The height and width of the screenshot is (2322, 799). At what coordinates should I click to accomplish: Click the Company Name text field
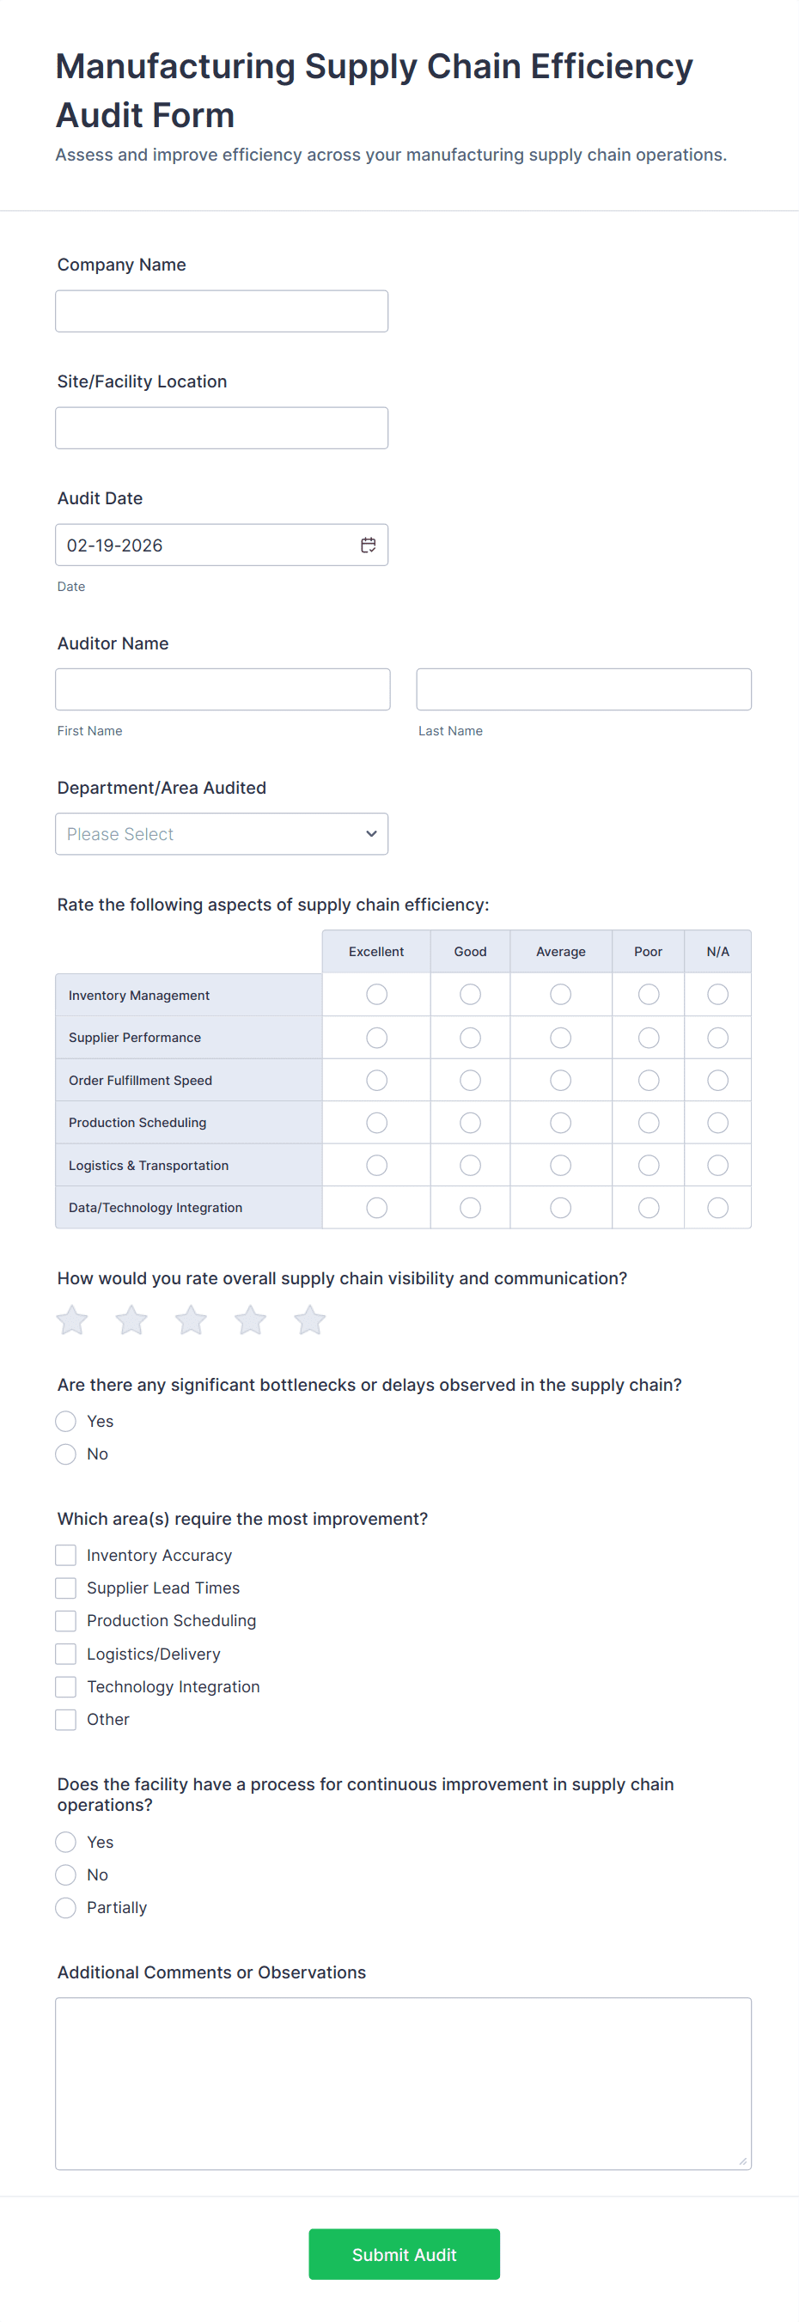221,311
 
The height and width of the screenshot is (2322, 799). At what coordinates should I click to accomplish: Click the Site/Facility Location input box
221,428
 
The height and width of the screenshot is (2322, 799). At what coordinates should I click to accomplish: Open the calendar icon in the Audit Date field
368,545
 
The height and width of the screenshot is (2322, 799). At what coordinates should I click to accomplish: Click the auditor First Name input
223,690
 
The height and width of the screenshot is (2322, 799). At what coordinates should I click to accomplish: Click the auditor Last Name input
583,690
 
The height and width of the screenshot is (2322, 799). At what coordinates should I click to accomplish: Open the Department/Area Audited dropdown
221,834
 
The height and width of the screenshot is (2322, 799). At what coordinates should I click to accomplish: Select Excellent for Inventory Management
377,994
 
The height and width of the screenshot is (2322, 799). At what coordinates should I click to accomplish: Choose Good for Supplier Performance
470,1038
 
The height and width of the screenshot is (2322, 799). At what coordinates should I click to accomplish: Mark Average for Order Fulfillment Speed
561,1080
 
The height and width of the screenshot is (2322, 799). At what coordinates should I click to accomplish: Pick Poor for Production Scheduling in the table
649,1122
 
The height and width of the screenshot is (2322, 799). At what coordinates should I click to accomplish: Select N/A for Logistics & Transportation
718,1166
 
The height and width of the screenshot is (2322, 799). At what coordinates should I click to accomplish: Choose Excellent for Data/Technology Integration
377,1208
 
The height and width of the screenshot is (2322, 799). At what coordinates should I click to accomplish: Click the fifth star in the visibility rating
309,1320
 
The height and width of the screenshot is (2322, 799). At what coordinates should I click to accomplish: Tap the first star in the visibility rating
72,1320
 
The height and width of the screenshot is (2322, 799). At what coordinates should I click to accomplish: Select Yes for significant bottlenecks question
66,1422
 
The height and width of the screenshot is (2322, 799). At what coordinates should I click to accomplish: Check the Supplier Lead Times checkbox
66,1588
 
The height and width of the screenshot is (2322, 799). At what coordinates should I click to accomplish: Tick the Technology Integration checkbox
66,1686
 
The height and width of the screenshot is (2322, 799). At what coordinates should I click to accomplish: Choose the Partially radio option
66,1907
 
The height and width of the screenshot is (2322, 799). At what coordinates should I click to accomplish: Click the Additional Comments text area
403,2083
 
